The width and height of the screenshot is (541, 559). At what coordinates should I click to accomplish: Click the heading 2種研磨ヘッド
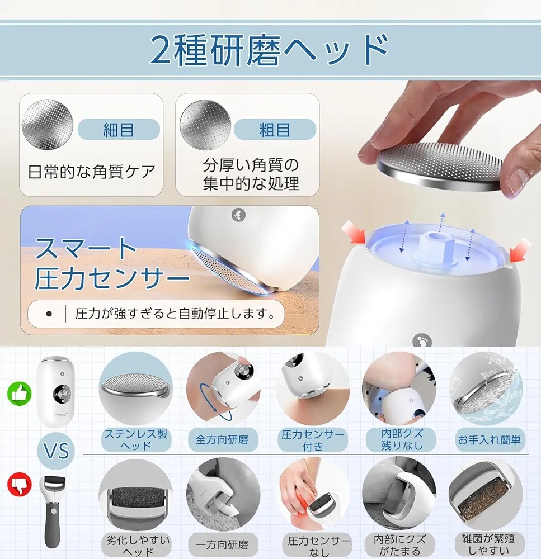(270, 50)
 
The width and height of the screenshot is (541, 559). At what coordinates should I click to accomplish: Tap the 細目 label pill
(119, 129)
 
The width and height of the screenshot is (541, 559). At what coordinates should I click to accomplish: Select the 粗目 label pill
(275, 129)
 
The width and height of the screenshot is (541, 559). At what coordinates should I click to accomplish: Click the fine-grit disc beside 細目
(47, 124)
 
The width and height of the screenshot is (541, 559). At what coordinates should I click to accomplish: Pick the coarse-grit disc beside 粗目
(205, 124)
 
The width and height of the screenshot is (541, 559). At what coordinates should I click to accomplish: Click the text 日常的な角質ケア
(91, 172)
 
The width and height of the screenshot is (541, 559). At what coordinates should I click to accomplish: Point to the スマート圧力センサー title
(111, 263)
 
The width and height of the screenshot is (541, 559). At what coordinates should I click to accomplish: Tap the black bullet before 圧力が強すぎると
(49, 314)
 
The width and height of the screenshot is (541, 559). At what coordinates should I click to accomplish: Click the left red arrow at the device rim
(354, 233)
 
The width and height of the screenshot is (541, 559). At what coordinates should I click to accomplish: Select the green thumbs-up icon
(20, 394)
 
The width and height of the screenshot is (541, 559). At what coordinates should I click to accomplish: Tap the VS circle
(56, 451)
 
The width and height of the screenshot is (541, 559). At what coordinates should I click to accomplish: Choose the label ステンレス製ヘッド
(136, 439)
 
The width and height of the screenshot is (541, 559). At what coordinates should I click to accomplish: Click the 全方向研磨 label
(222, 439)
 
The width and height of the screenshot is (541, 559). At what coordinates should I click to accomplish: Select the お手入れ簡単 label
(490, 439)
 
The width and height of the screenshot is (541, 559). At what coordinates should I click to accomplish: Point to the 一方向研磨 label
(222, 544)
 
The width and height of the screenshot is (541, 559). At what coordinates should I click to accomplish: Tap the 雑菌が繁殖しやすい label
(488, 544)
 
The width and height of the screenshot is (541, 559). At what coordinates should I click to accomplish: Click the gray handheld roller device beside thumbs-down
(53, 512)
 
